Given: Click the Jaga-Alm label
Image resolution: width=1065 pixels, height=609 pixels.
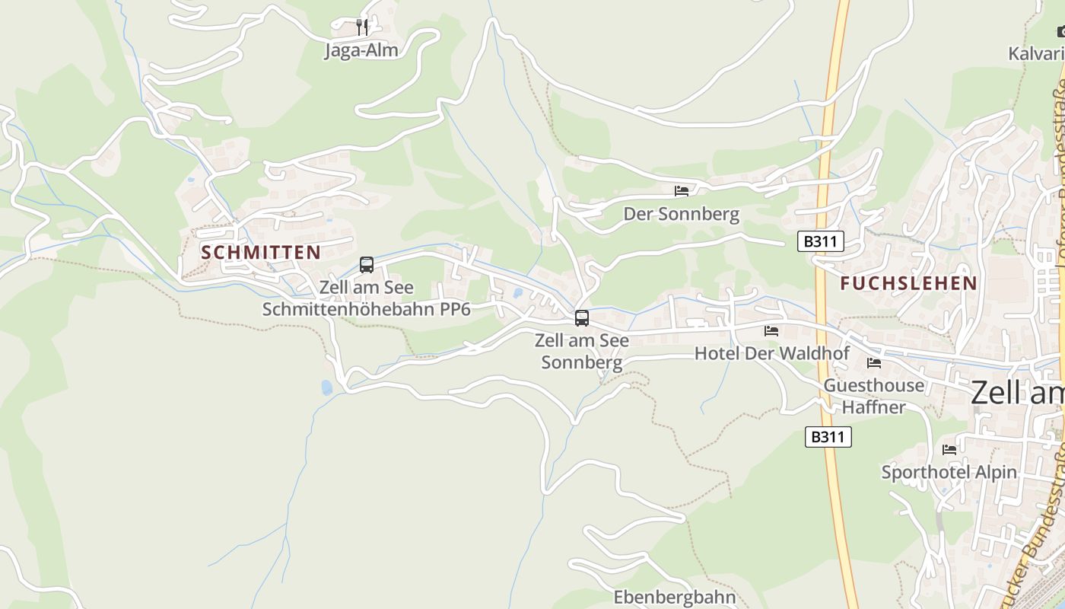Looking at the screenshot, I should point(361,51).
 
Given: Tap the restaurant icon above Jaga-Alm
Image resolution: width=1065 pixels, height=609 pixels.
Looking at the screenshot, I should point(362,27).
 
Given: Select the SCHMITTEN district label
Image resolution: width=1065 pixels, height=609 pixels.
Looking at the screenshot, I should point(260,253).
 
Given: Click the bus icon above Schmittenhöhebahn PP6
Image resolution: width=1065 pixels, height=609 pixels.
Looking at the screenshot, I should point(367,265).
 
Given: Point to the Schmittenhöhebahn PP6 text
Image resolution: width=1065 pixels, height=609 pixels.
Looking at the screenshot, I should point(367,309).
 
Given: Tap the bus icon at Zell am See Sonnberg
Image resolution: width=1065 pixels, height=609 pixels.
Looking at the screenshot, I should point(582,318).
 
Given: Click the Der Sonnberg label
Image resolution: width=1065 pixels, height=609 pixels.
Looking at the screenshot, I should point(681,214).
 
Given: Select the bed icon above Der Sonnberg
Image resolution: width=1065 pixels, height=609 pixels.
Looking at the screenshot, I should point(682,191).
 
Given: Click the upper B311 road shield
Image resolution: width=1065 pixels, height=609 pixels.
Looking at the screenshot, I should point(821,242).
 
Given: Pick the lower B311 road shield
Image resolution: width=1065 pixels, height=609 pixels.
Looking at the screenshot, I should point(828,437).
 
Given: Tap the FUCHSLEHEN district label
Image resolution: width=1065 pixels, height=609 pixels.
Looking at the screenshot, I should point(908,283).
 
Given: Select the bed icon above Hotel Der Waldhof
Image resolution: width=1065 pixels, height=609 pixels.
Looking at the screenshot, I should point(771,331).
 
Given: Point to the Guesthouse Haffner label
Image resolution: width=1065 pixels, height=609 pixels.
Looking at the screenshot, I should point(874,396).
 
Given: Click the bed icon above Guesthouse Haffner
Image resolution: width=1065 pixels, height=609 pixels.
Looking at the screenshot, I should point(874,363).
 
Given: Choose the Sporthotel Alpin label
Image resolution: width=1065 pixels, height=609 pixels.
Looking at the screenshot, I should point(949,472).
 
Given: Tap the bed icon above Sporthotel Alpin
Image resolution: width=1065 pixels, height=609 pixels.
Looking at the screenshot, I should point(949,450).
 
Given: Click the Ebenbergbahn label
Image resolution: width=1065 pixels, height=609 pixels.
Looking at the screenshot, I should point(675,597).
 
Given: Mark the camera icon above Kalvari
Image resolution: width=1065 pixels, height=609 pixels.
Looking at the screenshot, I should point(1061,31).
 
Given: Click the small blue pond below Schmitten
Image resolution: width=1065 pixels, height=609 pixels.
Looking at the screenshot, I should point(327,387).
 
